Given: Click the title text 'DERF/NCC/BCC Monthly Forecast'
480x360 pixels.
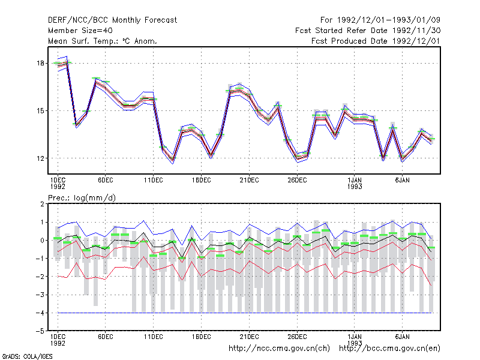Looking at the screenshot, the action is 112,20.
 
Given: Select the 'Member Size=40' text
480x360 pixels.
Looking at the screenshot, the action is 80,31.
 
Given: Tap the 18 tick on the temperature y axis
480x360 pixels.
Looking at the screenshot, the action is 40,64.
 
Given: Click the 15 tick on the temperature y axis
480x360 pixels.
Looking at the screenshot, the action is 40,111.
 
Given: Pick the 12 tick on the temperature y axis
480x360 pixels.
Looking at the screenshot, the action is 40,158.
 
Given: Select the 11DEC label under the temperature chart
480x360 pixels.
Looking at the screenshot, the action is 154,181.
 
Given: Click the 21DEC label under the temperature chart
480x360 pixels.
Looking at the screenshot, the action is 249,181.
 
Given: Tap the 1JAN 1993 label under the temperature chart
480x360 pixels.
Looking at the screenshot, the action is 355,184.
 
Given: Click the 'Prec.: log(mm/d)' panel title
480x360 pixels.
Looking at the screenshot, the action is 82,198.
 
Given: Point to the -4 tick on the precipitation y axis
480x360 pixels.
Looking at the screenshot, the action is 40,313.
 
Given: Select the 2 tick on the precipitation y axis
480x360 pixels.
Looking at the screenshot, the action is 42,204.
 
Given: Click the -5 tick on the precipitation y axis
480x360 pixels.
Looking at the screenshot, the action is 40,331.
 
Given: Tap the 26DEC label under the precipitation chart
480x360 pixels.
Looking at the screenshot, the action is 297,337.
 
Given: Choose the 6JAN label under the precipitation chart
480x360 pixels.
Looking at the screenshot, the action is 402,337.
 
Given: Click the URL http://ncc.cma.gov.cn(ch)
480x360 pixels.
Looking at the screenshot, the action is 279,349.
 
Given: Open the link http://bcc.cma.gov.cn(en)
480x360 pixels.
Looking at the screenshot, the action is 389,349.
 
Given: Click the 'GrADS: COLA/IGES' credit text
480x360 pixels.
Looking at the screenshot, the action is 27,356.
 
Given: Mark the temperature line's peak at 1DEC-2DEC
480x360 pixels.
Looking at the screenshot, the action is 67,62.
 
